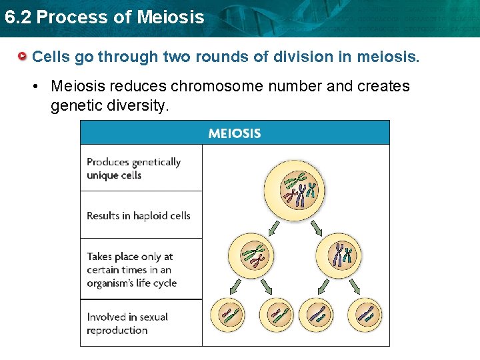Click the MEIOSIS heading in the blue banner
coord(235,133)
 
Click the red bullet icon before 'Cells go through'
coord(23,57)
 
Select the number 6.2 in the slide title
coord(17,17)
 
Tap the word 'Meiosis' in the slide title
coord(169,17)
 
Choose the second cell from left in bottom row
coord(273,315)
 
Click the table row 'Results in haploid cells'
coord(139,215)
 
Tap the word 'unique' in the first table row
coord(101,175)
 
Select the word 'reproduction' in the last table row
coord(117,331)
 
